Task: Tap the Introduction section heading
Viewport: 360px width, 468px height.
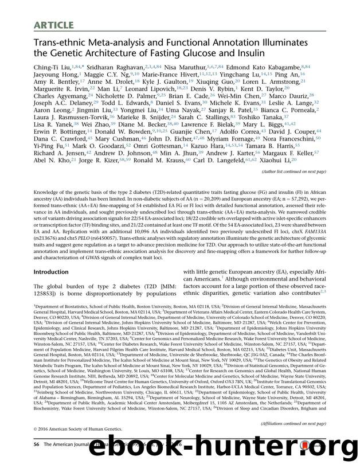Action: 51,272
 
